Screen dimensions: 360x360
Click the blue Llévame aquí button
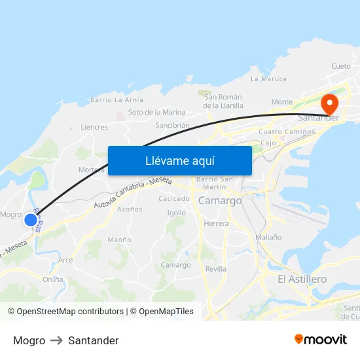click(179, 160)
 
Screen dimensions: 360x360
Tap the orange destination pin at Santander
click(328, 103)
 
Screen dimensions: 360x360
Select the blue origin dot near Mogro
click(31, 220)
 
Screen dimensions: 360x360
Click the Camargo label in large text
click(220, 201)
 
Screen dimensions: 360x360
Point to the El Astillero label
click(302, 279)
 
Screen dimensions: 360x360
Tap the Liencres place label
click(94, 127)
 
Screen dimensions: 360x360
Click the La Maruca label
click(268, 79)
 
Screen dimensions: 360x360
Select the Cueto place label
click(341, 66)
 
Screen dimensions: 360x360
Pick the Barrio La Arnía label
click(117, 100)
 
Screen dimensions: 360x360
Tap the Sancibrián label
click(172, 125)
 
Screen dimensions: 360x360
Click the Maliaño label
click(269, 238)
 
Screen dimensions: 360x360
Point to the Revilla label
click(216, 269)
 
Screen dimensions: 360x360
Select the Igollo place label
click(176, 213)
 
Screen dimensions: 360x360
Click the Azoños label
click(130, 209)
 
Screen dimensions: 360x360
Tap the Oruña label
click(53, 279)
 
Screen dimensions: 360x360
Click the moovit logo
click(321, 340)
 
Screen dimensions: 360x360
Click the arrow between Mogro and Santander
click(57, 340)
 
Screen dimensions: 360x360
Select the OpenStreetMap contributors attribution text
click(65, 312)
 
